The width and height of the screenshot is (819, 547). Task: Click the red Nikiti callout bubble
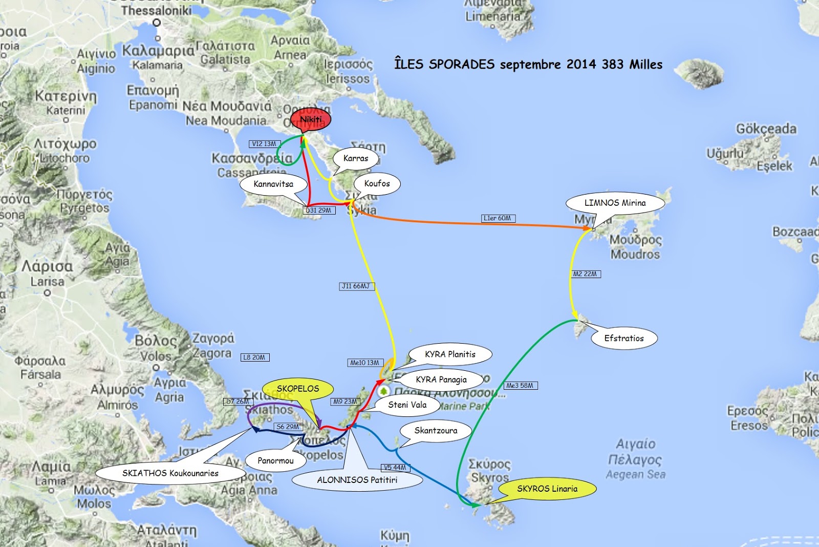click(x=311, y=120)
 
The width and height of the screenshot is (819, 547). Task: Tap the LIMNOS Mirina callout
click(x=615, y=203)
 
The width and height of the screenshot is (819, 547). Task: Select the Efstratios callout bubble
click(x=623, y=338)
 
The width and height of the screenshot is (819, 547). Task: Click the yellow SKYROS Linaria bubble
click(x=547, y=489)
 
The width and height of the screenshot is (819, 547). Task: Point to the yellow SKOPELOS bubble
click(x=297, y=389)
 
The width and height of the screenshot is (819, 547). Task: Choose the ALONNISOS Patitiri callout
click(x=357, y=480)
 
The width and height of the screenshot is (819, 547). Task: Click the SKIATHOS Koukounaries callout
click(x=170, y=473)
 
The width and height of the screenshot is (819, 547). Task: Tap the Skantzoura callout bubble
click(x=436, y=430)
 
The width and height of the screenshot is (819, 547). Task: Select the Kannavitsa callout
click(x=273, y=184)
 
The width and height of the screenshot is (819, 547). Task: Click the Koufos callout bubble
click(x=377, y=183)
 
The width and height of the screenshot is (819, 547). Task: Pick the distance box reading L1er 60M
click(x=498, y=218)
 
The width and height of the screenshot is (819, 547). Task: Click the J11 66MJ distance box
click(x=356, y=286)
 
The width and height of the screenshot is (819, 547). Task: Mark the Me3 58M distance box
click(x=520, y=385)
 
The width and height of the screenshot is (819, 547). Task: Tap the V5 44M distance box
click(x=395, y=467)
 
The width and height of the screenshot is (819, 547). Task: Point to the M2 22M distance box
click(x=585, y=274)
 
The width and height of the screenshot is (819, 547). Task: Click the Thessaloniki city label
click(x=156, y=10)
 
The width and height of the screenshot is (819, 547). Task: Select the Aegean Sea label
click(x=635, y=474)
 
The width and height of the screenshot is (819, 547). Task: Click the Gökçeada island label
click(x=766, y=129)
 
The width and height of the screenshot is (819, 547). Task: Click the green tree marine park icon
click(x=383, y=391)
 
